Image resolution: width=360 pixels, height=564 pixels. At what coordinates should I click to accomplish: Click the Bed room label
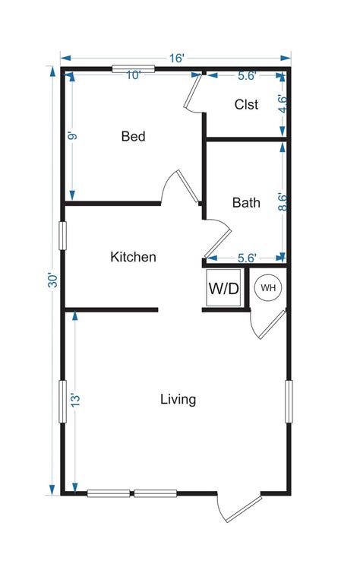(x=133, y=137)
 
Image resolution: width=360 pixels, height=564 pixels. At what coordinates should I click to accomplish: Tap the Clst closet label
(x=246, y=105)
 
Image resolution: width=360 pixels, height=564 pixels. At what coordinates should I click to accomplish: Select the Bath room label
(x=246, y=203)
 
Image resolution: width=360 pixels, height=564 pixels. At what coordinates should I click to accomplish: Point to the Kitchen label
(x=134, y=257)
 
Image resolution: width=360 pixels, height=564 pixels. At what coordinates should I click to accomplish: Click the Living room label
(x=178, y=399)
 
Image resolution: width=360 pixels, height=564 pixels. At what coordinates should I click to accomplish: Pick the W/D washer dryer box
(x=224, y=289)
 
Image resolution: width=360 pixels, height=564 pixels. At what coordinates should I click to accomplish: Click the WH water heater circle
(x=268, y=288)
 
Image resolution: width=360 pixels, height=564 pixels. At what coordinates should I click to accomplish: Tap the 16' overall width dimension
(x=177, y=58)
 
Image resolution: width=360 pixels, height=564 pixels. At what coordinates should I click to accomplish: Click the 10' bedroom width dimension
(x=134, y=75)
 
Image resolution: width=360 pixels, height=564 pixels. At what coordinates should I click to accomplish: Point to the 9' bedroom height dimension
(x=72, y=137)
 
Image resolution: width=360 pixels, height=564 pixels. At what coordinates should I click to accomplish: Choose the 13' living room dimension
(x=74, y=400)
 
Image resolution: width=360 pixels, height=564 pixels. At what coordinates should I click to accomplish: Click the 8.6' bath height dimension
(x=283, y=202)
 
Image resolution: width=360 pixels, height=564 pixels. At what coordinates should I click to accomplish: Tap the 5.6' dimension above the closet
(x=247, y=75)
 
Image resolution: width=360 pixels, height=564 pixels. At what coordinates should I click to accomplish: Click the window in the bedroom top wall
(x=134, y=69)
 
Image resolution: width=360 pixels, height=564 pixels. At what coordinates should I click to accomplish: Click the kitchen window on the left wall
(x=64, y=236)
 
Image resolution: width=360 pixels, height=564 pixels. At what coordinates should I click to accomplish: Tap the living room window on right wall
(x=289, y=401)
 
